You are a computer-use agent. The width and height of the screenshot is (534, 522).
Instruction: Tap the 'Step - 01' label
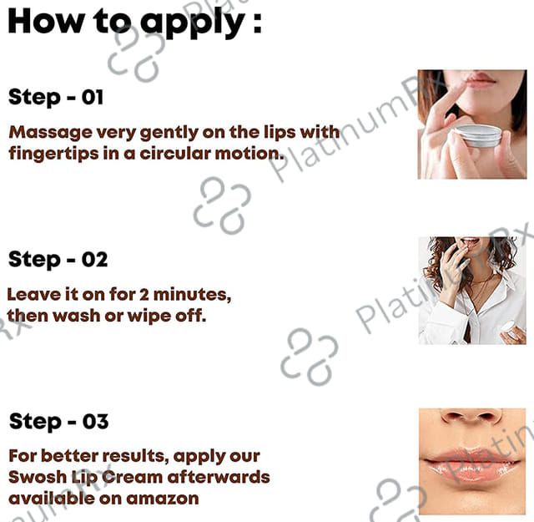tap(56, 98)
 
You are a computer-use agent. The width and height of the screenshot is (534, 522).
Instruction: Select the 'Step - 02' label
tap(58, 260)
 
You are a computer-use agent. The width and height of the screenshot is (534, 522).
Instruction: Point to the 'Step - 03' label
tap(58, 422)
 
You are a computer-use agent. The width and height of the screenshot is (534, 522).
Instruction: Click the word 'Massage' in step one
tap(50, 133)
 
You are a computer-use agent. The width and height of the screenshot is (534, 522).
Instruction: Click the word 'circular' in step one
tap(175, 154)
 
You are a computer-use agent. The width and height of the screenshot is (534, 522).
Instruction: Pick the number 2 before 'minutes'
tap(144, 295)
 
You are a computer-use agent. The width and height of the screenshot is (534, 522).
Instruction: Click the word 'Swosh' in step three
tap(38, 477)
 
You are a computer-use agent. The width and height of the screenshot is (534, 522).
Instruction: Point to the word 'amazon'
tap(163, 499)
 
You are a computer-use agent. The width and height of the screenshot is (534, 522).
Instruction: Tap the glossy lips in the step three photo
tap(471, 464)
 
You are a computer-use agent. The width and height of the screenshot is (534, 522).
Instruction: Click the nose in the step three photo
tap(471, 417)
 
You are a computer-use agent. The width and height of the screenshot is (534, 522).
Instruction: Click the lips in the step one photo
tap(480, 79)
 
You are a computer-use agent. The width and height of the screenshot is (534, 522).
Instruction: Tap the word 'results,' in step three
tap(135, 456)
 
